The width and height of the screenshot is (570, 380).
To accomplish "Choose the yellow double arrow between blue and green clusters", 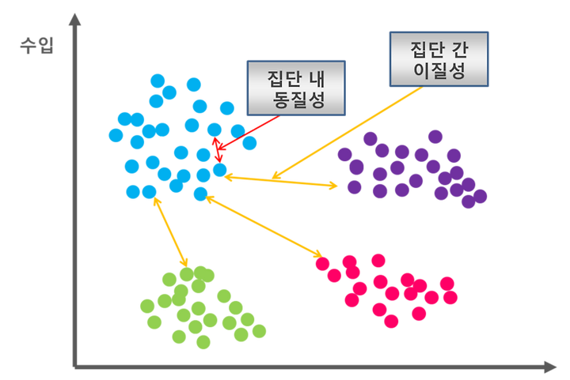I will click(170, 231).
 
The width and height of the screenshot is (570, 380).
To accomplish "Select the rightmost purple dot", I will click(480, 195).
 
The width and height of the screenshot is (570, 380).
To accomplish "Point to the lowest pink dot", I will click(388, 321).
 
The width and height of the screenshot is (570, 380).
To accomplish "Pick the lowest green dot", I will click(203, 342).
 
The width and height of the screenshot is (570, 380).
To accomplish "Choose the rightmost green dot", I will click(258, 331).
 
